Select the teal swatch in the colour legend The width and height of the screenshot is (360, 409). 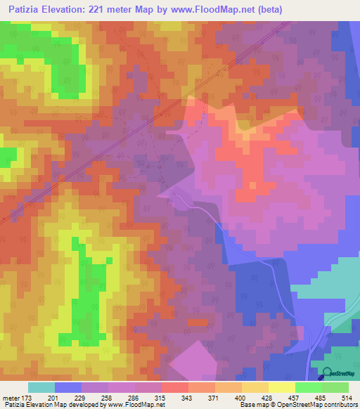point(41,387)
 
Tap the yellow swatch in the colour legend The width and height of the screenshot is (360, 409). point(281,387)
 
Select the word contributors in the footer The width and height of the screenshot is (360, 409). point(339,405)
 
